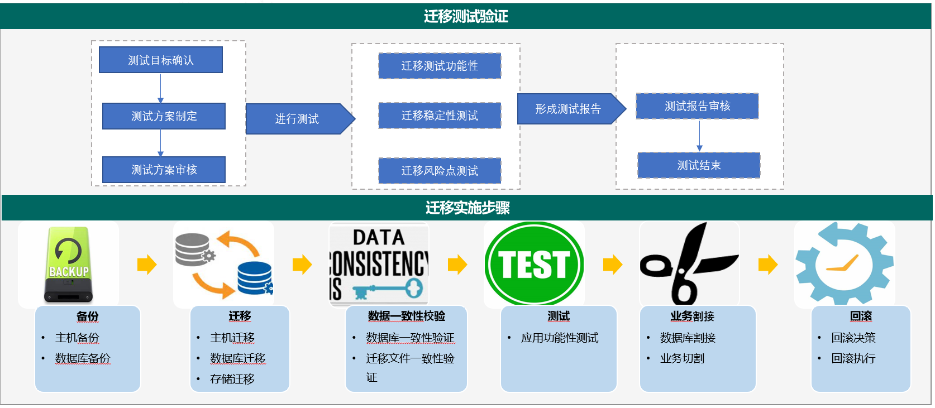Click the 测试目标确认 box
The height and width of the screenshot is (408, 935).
(x=161, y=60)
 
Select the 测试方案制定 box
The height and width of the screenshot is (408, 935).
(x=164, y=116)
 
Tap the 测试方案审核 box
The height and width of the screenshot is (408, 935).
(x=164, y=169)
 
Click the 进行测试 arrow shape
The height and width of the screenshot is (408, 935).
(x=300, y=119)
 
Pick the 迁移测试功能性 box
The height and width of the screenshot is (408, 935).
(x=440, y=66)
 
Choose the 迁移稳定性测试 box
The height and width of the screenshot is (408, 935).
(x=440, y=116)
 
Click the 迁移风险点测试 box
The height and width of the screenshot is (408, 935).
(x=440, y=171)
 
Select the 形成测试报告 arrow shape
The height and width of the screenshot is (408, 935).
(x=571, y=109)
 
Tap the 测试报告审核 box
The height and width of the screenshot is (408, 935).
(x=697, y=106)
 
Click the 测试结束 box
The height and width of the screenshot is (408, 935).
(x=699, y=165)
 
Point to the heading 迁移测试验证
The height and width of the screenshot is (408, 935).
(x=466, y=16)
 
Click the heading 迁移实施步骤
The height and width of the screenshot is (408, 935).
(x=468, y=207)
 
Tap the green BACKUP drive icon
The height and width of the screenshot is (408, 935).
(x=69, y=265)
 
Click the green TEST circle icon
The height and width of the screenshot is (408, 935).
(x=535, y=263)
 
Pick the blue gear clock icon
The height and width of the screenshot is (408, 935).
(x=844, y=263)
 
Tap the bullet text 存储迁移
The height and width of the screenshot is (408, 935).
(x=232, y=379)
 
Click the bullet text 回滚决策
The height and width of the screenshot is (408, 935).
(x=853, y=338)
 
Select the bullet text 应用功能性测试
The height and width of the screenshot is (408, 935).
(x=559, y=338)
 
